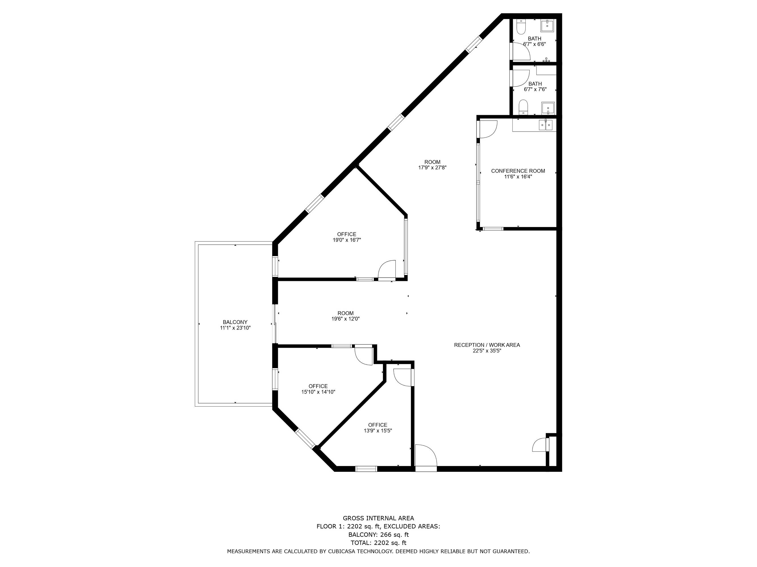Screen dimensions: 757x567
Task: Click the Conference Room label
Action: click(518, 171)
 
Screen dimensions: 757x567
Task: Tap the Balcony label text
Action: click(235, 322)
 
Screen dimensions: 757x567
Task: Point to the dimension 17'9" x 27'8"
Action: click(432, 168)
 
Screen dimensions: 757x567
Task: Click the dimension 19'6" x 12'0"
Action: click(345, 319)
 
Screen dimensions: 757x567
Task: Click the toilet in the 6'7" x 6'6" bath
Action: click(521, 27)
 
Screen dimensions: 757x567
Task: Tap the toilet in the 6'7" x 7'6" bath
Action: click(523, 107)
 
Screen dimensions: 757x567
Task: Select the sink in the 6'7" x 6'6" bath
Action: click(547, 25)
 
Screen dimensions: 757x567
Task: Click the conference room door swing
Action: click(488, 129)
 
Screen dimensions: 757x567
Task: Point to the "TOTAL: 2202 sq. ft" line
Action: click(379, 543)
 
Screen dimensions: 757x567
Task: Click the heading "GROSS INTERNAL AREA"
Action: click(379, 519)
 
